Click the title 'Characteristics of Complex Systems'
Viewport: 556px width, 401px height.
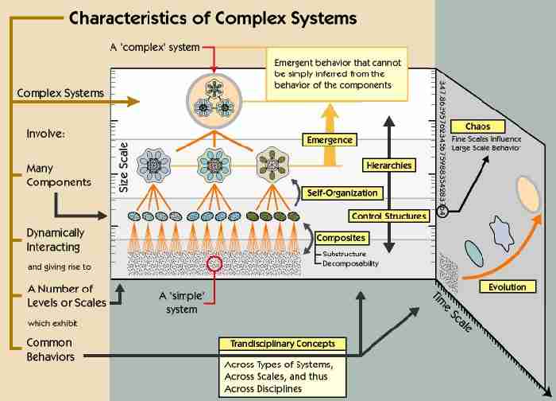213,18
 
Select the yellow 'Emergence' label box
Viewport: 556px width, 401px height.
328,140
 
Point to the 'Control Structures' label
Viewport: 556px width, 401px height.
388,216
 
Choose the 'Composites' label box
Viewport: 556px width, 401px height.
341,237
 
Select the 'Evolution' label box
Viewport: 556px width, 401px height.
507,286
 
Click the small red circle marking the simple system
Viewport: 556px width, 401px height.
214,263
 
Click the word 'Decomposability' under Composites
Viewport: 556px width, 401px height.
349,263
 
